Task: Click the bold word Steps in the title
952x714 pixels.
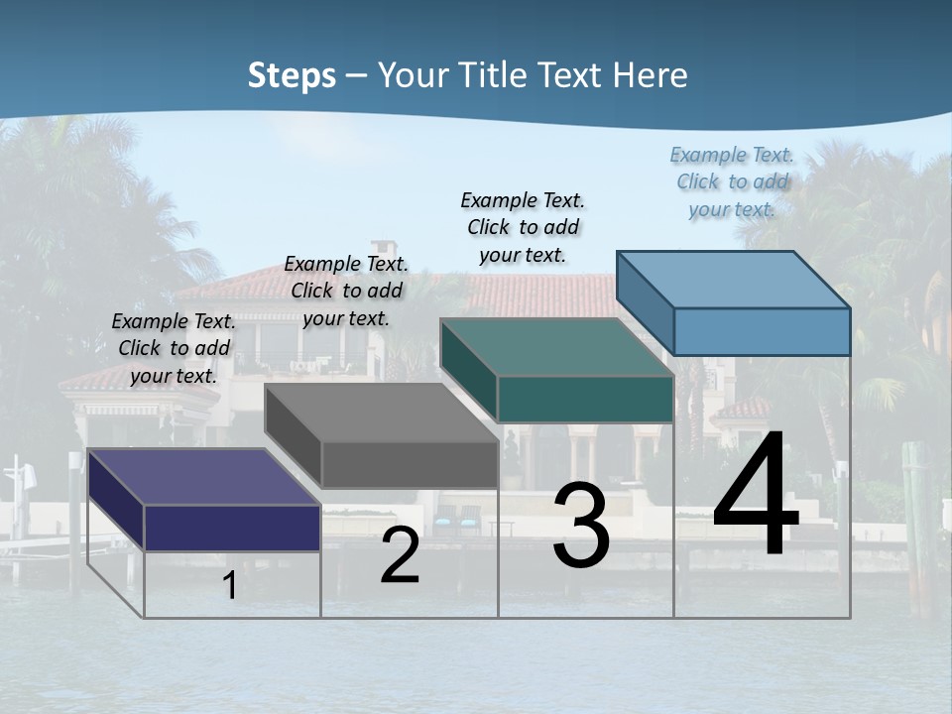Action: coord(292,75)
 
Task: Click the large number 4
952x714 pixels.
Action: coord(756,495)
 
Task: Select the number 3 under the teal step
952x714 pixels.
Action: coord(581,526)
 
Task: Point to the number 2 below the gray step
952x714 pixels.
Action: coord(400,556)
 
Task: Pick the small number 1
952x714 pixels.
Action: coord(229,586)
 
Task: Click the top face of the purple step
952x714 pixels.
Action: coord(203,476)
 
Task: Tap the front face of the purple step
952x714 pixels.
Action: coord(232,528)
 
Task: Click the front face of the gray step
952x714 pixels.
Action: coord(410,465)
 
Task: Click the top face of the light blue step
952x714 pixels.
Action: coord(733,279)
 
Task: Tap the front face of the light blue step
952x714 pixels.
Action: coord(762,331)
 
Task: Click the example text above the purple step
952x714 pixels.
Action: coord(174,348)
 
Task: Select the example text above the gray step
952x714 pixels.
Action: coord(346,291)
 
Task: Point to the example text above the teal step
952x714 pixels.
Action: coord(523,227)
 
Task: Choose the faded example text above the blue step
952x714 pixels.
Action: coord(732,181)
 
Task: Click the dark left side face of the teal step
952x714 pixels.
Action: coord(469,371)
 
